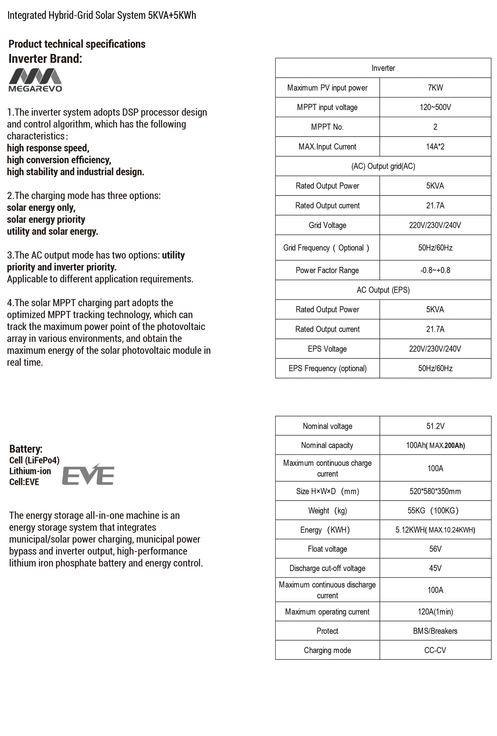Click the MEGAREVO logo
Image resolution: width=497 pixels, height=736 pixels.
pyautogui.click(x=35, y=80)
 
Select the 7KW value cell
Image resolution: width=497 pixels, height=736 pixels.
pyautogui.click(x=435, y=88)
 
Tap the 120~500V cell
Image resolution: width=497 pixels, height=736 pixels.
pyautogui.click(x=435, y=107)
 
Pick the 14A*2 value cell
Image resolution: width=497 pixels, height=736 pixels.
pyautogui.click(x=435, y=147)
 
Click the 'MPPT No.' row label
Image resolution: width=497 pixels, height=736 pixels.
pyautogui.click(x=327, y=127)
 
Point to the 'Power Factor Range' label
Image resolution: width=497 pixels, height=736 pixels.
pyautogui.click(x=327, y=270)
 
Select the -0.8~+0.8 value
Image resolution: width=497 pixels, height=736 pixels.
pyautogui.click(x=435, y=270)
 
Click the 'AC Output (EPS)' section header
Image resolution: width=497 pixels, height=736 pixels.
pyautogui.click(x=383, y=290)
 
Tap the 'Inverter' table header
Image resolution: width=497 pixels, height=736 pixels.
pyautogui.click(x=383, y=68)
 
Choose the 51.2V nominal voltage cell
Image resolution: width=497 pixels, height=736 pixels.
pyautogui.click(x=435, y=426)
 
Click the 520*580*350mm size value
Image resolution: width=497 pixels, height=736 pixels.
pyautogui.click(x=435, y=491)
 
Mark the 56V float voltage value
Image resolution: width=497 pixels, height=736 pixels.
pyautogui.click(x=435, y=549)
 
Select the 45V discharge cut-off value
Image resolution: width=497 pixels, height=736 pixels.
pyautogui.click(x=435, y=568)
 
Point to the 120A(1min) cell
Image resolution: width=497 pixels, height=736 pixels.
pyautogui.click(x=435, y=612)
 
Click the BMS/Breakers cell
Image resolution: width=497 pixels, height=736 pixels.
pyautogui.click(x=435, y=631)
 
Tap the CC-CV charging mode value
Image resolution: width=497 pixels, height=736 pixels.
pyautogui.click(x=435, y=650)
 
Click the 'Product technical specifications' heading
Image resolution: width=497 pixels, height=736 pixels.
pyautogui.click(x=77, y=44)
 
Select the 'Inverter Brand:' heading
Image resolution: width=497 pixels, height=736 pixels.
pyautogui.click(x=45, y=59)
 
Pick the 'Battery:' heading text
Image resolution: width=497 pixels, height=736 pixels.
pyautogui.click(x=26, y=449)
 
